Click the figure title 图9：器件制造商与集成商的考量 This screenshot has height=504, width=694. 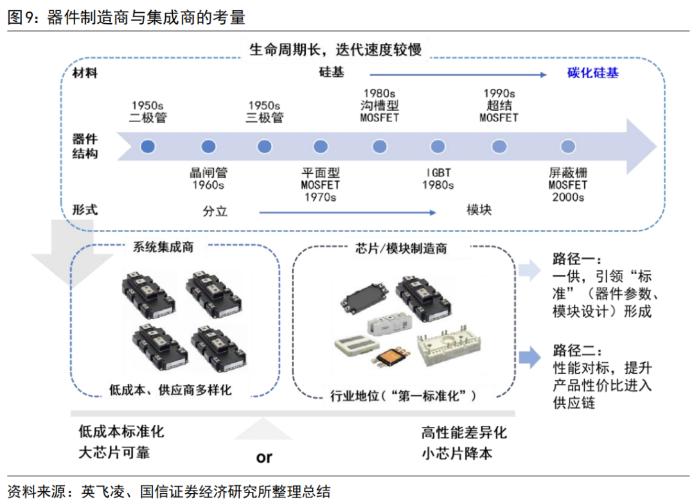(126, 17)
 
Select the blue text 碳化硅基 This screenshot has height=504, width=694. (592, 73)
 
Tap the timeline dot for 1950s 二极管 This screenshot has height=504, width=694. (148, 146)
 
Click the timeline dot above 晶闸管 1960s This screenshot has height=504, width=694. (208, 146)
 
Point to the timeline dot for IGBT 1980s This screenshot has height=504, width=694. (438, 146)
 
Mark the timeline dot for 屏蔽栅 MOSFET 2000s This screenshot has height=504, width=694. (567, 146)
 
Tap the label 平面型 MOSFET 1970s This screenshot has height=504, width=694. (320, 185)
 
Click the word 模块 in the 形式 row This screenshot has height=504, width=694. (479, 209)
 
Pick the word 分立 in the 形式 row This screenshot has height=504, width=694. (215, 211)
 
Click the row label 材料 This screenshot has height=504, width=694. (85, 73)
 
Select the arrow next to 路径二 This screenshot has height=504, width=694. (530, 357)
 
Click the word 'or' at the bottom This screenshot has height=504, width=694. (264, 457)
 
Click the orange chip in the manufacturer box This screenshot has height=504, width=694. (389, 358)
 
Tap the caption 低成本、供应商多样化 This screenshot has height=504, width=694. (170, 389)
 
